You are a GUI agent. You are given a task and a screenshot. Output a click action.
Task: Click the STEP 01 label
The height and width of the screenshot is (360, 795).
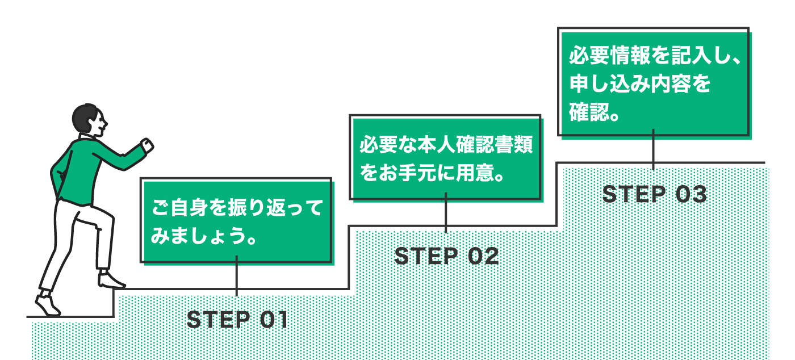click(237, 320)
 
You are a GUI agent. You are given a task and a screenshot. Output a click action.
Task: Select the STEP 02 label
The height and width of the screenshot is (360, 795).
click(446, 257)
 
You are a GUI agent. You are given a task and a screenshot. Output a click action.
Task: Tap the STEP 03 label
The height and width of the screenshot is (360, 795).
click(654, 195)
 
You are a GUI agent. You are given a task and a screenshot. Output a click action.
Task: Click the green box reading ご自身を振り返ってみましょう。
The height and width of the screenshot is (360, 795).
click(236, 221)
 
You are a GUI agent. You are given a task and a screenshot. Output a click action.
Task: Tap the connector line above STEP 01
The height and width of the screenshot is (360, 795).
click(237, 277)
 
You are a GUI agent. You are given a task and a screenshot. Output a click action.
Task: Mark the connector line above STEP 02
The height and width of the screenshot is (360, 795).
click(446, 213)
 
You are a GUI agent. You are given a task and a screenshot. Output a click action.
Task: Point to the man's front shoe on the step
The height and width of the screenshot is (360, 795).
click(111, 280)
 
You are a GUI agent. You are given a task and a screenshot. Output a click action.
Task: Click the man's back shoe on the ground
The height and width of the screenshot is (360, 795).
click(48, 304)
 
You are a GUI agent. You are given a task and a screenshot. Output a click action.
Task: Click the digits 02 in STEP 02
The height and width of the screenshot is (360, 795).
click(483, 257)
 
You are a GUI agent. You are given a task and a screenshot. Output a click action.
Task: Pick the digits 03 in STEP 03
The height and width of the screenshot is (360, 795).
click(692, 195)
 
